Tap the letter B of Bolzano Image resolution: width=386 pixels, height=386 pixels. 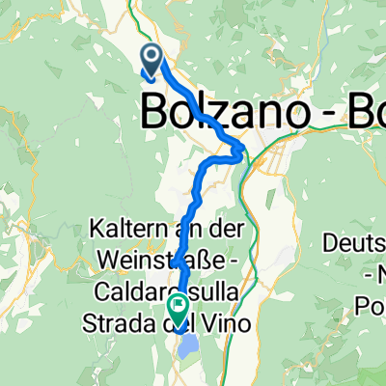(x=159, y=113)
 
